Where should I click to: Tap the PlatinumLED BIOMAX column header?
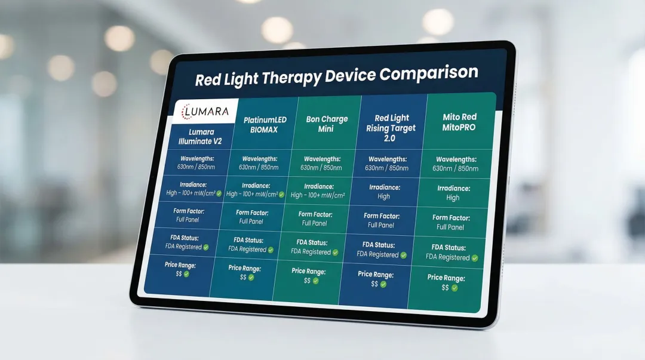point(265,125)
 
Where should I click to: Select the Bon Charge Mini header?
point(327,124)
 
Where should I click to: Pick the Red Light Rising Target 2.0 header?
point(391,128)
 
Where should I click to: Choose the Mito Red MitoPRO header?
point(459,122)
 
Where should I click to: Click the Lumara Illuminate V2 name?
point(196,136)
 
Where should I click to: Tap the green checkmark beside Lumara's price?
point(186,274)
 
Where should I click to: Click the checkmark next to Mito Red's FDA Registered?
point(475,258)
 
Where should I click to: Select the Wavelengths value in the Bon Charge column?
point(322,168)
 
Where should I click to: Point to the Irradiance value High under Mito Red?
point(453,198)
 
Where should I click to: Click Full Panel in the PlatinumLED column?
point(251,221)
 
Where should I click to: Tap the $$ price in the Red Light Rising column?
point(374,284)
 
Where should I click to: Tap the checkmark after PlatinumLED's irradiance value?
point(281,194)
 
